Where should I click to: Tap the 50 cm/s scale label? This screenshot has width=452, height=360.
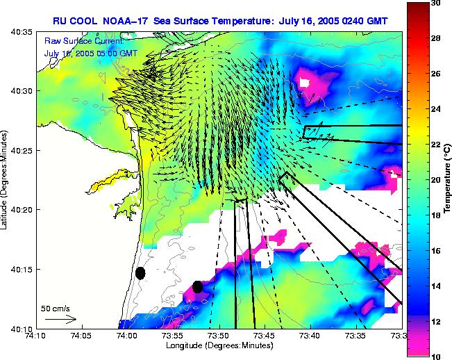55,308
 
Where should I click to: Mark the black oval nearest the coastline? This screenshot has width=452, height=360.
140,273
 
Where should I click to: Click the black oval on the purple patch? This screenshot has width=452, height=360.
198,286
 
